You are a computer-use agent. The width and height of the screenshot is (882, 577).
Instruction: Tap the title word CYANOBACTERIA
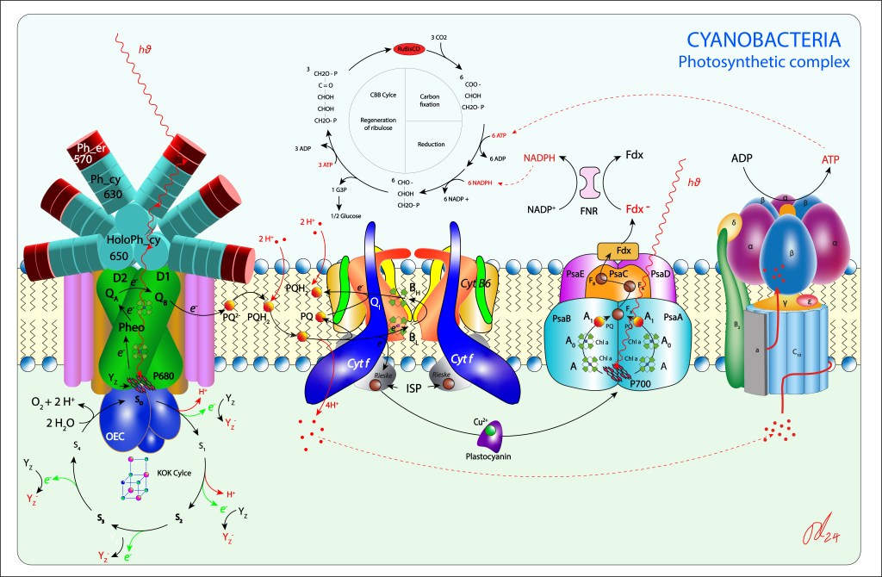pyautogui.click(x=763, y=40)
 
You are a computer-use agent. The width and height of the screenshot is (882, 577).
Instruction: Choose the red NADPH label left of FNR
pyautogui.click(x=541, y=159)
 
